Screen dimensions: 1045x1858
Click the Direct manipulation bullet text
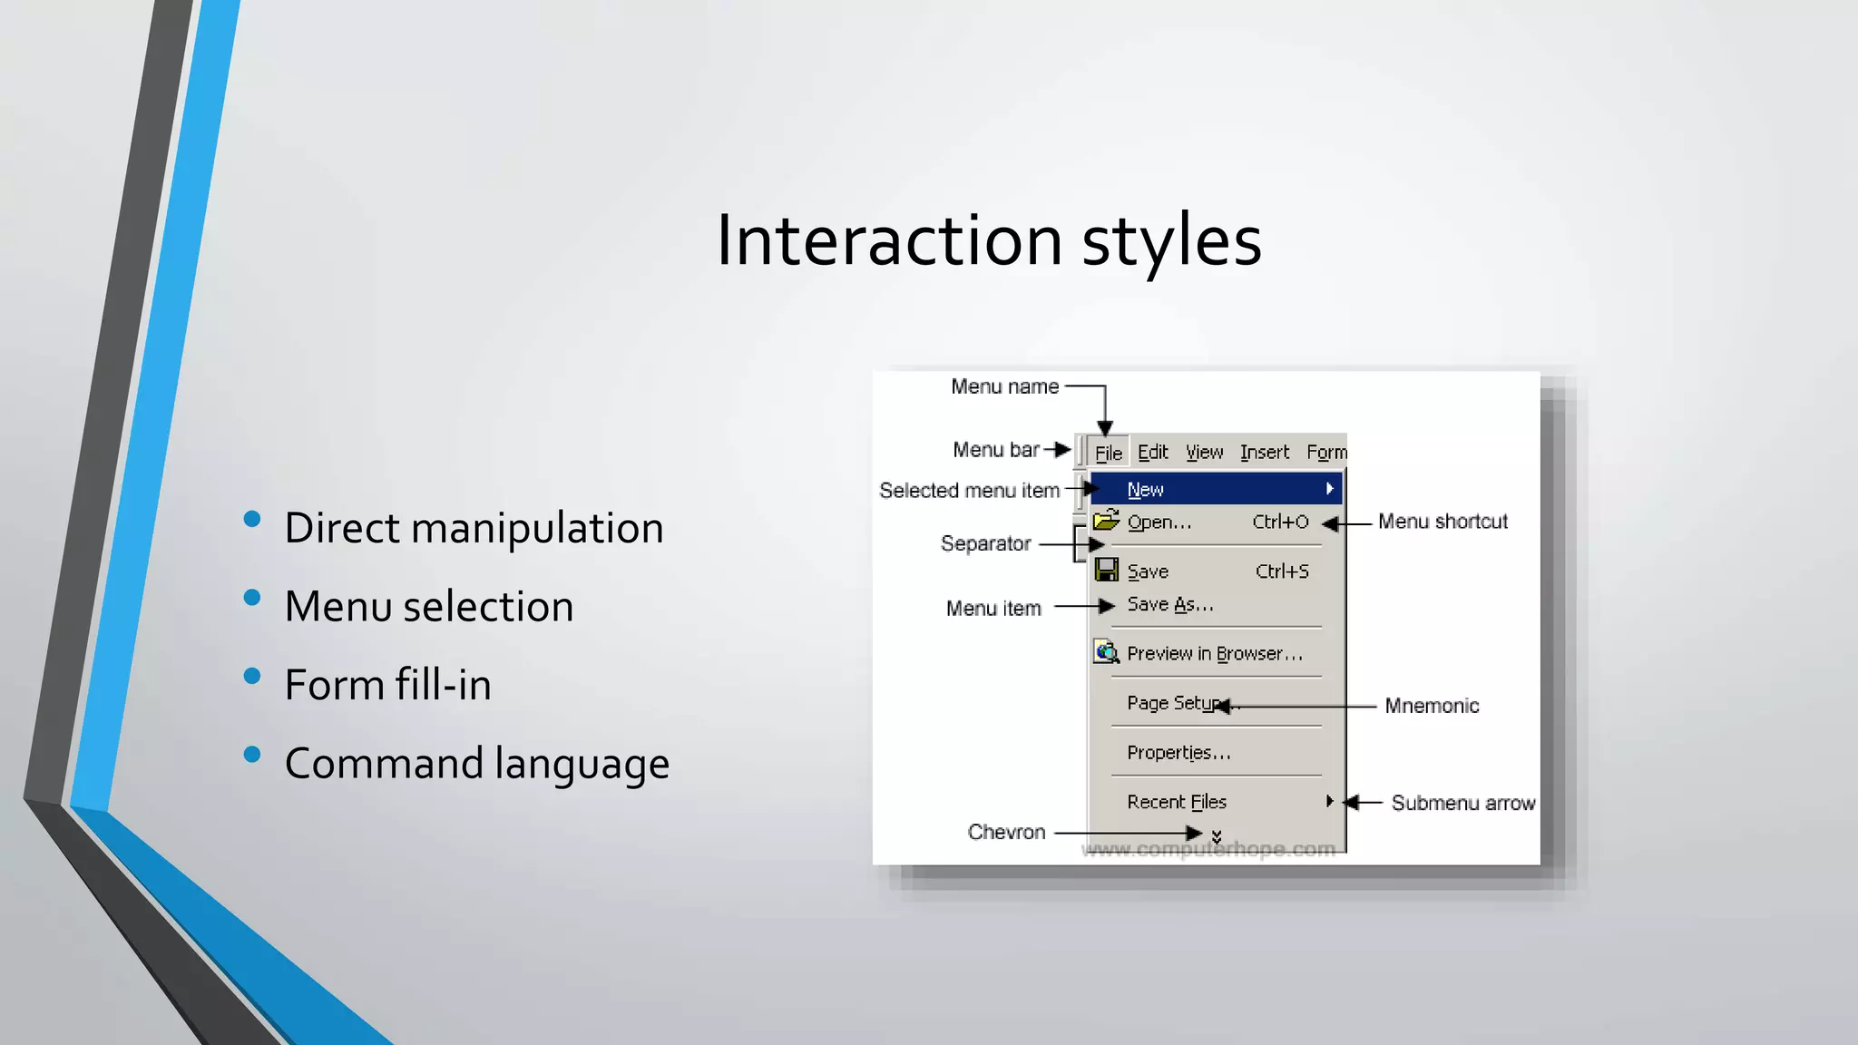coord(474,528)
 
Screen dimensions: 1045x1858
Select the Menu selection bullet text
coord(428,607)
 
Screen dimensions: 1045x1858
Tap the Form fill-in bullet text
coord(387,685)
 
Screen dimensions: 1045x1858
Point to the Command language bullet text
coord(476,764)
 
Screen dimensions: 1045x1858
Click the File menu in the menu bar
coord(1108,453)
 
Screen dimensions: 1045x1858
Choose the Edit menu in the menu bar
coord(1152,453)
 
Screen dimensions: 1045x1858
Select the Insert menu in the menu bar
coord(1264,453)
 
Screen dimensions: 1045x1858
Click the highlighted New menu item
coord(1146,490)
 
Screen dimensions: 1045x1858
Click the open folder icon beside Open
coord(1106,521)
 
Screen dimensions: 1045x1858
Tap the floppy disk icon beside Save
coord(1106,571)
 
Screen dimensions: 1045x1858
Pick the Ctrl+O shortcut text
coord(1280,522)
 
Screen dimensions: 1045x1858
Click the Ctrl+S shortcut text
coord(1282,571)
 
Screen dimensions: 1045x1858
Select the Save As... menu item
coord(1169,605)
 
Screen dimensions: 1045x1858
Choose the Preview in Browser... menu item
coord(1214,654)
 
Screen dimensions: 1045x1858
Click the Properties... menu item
coord(1178,753)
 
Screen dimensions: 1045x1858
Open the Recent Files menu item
coord(1177,802)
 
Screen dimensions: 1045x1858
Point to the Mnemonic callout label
coord(1432,706)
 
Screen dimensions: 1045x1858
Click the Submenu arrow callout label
coord(1462,803)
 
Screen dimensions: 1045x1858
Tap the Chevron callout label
coord(1006,832)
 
